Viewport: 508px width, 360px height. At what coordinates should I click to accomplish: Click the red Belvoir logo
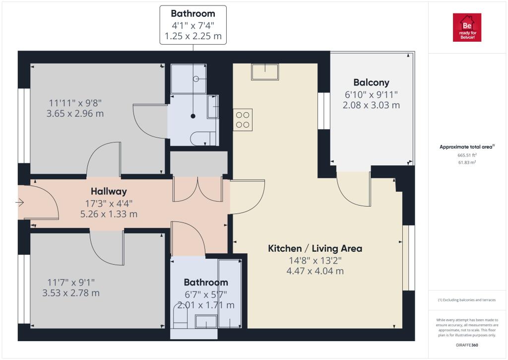click(467, 27)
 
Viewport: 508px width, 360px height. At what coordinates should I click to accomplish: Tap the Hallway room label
click(109, 191)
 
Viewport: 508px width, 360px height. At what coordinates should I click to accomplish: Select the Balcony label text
click(371, 83)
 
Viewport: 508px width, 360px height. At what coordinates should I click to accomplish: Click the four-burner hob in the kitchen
click(242, 120)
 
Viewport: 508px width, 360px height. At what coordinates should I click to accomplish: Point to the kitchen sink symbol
click(265, 72)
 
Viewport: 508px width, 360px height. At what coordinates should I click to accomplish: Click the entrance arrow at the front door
click(20, 203)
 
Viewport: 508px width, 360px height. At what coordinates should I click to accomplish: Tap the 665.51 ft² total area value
click(467, 155)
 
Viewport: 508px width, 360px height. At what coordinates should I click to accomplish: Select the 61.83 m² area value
click(467, 162)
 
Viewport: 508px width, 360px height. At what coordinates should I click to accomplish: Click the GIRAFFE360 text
click(467, 345)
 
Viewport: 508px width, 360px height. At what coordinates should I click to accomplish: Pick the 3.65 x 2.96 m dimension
click(75, 114)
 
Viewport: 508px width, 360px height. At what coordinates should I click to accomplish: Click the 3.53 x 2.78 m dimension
click(71, 293)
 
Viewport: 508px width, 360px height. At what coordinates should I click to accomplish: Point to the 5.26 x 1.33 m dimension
click(109, 214)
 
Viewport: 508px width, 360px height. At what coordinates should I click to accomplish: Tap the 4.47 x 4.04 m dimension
click(315, 271)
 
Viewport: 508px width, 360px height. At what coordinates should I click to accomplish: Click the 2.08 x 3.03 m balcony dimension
click(371, 105)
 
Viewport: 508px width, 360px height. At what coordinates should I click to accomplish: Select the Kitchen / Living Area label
click(315, 249)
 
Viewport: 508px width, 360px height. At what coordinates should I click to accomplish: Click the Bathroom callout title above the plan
click(193, 13)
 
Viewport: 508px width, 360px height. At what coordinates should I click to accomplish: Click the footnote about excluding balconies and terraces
click(467, 300)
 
